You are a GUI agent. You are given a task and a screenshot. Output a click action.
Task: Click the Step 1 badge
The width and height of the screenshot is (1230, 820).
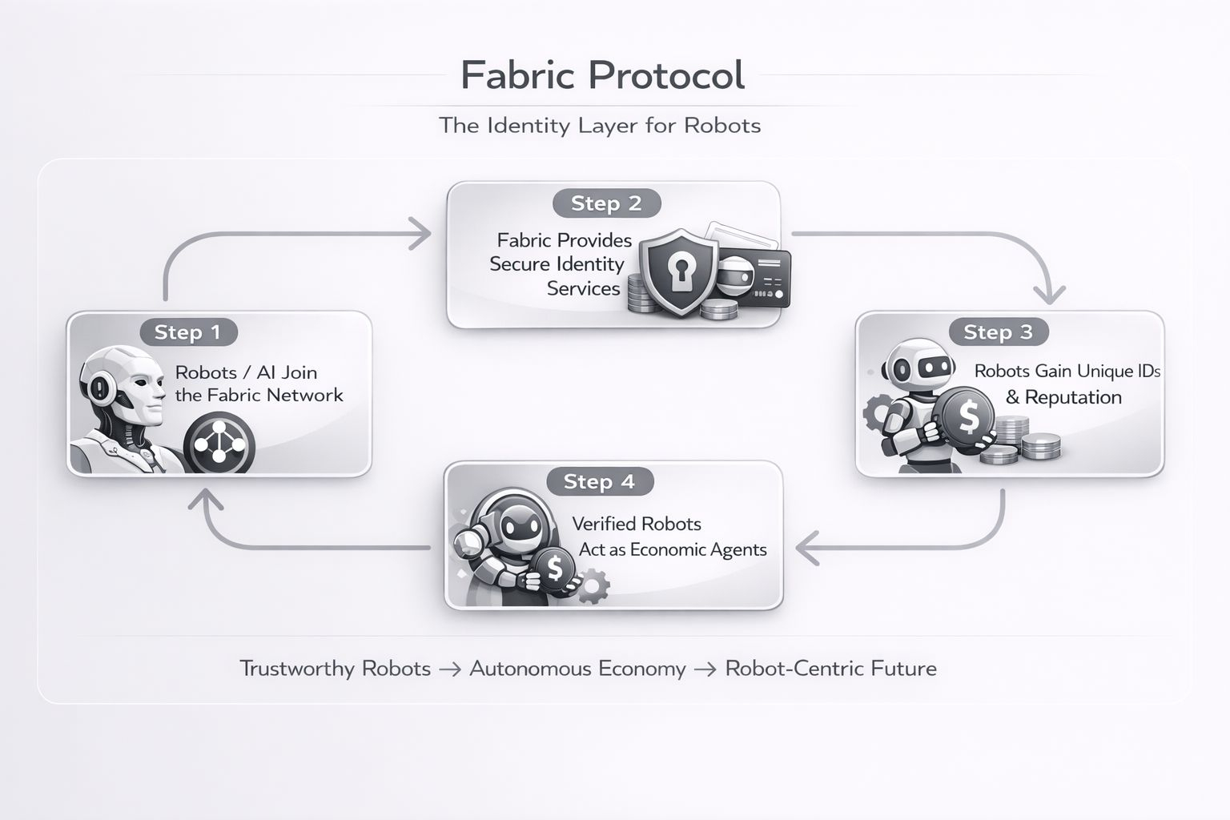[187, 332]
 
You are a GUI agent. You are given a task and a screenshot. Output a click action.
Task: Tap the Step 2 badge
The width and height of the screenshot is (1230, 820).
[606, 203]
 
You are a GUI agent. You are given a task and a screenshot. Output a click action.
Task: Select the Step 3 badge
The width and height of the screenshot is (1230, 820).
[998, 332]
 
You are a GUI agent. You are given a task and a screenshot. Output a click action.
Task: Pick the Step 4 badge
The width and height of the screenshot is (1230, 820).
[599, 481]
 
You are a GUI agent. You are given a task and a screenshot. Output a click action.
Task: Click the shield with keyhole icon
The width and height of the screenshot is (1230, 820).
[677, 272]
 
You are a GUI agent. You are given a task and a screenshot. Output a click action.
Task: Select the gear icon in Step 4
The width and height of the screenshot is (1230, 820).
[593, 585]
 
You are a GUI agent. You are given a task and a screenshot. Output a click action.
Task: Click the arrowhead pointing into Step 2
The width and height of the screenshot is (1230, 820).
[420, 233]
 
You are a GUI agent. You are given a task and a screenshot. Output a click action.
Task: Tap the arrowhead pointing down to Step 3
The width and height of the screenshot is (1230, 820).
[1049, 293]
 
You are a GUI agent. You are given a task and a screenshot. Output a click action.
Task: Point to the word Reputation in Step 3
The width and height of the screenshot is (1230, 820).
[1073, 397]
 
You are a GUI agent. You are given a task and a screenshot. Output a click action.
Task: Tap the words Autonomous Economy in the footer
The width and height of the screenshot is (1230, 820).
[577, 669]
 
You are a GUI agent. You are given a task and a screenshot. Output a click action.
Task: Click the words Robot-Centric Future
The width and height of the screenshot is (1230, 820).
[830, 669]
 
